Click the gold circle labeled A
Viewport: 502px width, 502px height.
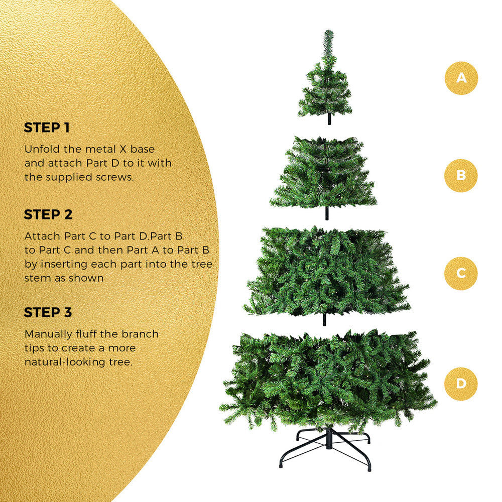tap(461, 78)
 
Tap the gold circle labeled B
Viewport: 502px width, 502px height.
tap(461, 176)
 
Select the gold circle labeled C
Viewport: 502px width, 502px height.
tap(461, 273)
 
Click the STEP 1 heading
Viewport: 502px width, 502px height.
tap(47, 128)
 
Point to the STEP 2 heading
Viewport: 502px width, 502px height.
tap(48, 215)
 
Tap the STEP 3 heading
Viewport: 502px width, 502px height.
tap(48, 312)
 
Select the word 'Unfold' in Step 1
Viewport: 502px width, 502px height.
tap(41, 149)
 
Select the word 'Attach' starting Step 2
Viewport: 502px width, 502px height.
tap(43, 236)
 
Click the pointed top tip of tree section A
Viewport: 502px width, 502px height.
tap(329, 32)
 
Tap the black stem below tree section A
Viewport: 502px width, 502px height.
tap(329, 120)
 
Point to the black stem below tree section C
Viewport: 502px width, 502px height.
tap(324, 319)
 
